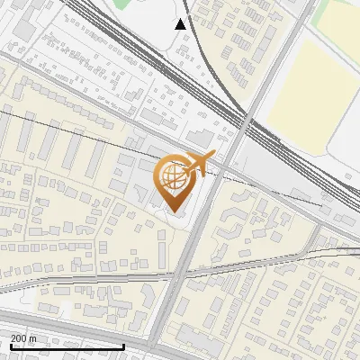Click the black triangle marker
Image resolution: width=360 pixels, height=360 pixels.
(181, 24)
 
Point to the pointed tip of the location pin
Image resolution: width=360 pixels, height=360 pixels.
(175, 211)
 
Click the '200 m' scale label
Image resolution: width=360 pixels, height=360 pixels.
(23, 338)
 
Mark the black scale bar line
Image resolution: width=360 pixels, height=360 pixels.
(67, 346)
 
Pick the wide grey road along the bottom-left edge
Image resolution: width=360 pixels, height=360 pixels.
(54, 326)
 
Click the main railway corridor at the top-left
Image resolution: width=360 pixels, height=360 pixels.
(99, 22)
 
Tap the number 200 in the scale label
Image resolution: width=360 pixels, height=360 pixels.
(18, 338)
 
